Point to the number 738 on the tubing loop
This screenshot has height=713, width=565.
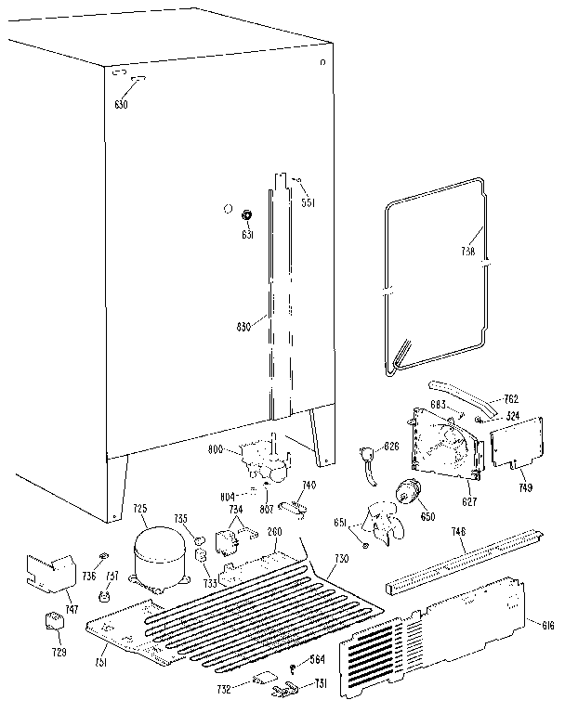(467, 251)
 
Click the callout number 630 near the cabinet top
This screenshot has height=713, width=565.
(120, 103)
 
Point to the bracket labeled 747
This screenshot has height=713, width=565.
(50, 574)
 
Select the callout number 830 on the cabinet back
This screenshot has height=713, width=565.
(244, 325)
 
